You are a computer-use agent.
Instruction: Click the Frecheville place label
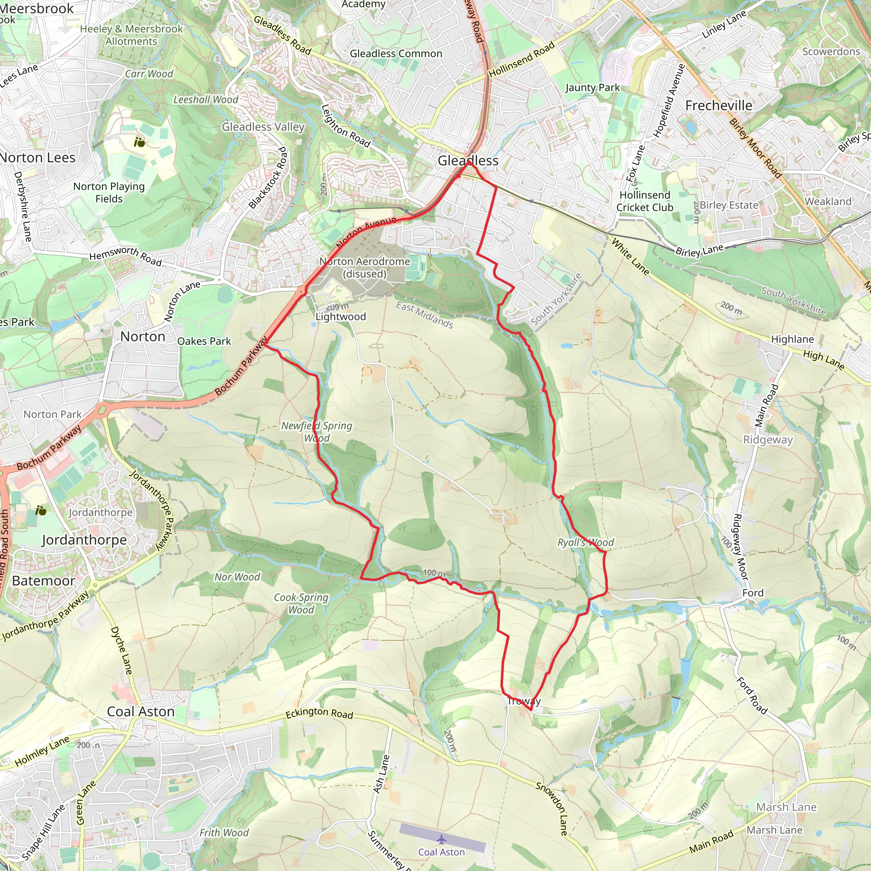(719, 105)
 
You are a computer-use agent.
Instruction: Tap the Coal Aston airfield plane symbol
(441, 839)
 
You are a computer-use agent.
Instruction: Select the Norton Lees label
(38, 158)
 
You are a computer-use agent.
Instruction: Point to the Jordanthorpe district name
(84, 540)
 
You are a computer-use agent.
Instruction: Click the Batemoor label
(43, 581)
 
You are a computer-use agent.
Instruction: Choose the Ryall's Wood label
(586, 542)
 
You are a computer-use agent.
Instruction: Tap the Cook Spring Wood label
(301, 603)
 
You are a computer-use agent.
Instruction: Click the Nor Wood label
(237, 577)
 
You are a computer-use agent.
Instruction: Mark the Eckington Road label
(319, 713)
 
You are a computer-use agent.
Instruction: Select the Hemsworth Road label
(125, 256)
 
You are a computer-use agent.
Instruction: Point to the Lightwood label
(340, 316)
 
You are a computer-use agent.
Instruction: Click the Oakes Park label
(204, 341)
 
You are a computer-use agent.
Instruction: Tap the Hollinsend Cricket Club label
(645, 201)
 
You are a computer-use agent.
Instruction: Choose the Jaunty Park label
(592, 88)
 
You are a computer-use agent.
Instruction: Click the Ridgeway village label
(768, 440)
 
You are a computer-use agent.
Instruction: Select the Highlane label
(793, 339)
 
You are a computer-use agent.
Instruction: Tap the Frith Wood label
(224, 833)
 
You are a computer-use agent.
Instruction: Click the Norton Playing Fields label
(109, 193)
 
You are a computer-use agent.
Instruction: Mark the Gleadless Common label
(396, 54)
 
